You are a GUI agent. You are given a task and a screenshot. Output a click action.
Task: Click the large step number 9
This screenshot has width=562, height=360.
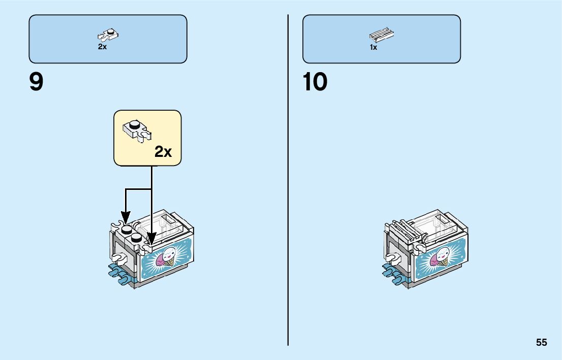click(37, 82)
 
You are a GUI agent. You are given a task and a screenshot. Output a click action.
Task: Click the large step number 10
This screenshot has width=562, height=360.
click(315, 82)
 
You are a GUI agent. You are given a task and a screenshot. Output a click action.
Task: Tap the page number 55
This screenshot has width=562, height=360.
click(541, 342)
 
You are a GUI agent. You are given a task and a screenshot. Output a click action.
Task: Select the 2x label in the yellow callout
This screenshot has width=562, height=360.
click(163, 151)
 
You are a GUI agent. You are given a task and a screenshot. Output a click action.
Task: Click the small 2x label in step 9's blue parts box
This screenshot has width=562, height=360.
click(103, 47)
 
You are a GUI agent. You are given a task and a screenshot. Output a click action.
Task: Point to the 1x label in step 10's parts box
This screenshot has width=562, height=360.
click(373, 47)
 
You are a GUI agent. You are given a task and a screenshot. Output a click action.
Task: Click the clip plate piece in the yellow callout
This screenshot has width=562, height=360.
click(137, 129)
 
